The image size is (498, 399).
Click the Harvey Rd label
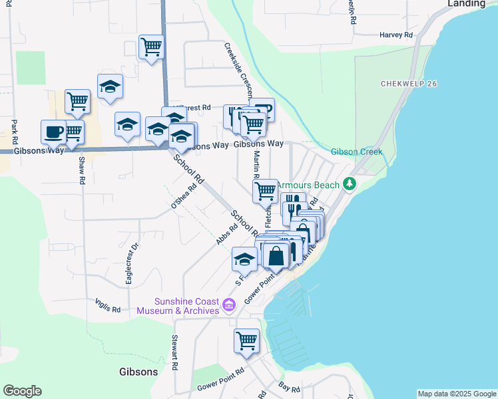[396, 35]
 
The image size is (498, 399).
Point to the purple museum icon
[229, 306]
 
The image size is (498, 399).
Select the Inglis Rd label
[108, 309]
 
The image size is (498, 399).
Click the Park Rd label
[13, 132]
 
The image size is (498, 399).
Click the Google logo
[22, 391]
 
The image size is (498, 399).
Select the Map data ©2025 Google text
[456, 394]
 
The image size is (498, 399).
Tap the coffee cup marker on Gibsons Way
[53, 131]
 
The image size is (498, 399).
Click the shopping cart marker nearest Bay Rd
[246, 340]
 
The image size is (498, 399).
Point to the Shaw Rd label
[82, 171]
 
